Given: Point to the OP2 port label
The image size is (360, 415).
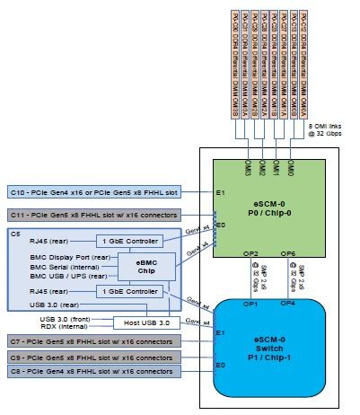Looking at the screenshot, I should (x=250, y=254).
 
